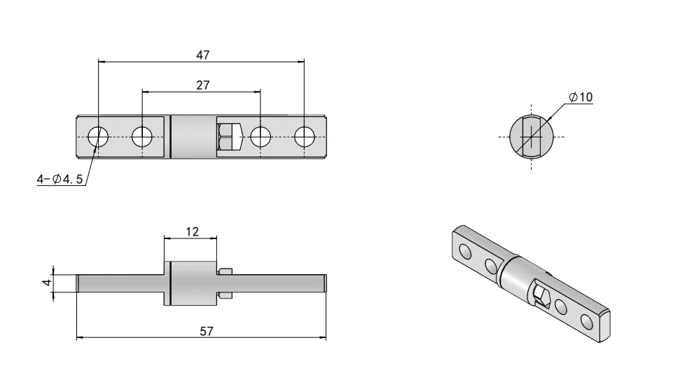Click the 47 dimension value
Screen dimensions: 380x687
point(202,55)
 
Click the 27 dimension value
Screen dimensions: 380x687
point(202,84)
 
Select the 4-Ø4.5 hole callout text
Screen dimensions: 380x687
point(60,180)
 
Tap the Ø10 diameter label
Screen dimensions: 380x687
point(581,97)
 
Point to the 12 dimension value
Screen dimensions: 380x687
point(190,231)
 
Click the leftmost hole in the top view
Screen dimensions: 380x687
point(98,136)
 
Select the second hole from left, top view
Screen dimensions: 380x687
point(142,136)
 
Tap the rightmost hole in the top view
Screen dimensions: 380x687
point(305,136)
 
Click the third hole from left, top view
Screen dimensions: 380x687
point(261,136)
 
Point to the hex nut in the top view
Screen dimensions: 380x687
point(229,136)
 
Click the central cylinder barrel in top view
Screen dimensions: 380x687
point(193,136)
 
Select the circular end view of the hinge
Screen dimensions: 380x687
point(531,136)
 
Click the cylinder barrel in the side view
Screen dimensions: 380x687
point(191,283)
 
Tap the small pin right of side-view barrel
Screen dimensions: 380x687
point(224,283)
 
